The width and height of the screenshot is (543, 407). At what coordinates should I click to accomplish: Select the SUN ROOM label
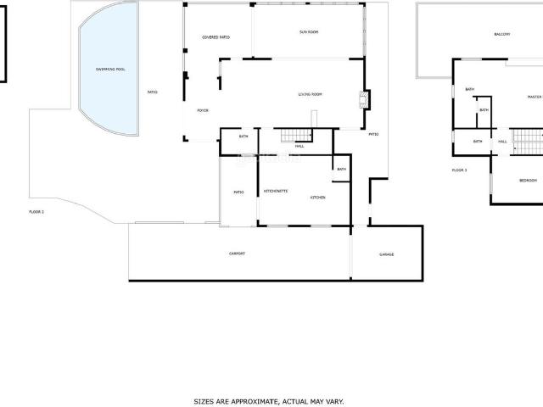309,32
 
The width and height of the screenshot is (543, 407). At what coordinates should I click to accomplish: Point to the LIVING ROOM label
310,94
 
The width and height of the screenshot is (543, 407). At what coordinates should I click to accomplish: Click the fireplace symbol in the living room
365,99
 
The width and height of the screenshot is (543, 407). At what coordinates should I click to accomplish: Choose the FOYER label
203,110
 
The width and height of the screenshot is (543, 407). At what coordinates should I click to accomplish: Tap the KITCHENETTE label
276,191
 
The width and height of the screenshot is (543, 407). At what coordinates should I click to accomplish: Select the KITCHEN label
318,198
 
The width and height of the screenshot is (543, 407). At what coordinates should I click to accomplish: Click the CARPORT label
237,254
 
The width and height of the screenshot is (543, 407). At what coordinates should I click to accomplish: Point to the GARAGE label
386,254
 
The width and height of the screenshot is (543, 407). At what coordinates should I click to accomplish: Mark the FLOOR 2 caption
36,211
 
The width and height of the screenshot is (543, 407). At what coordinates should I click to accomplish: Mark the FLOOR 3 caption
459,170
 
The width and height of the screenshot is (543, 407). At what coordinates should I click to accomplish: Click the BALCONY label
502,35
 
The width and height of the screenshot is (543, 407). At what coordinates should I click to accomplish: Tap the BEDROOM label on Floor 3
528,181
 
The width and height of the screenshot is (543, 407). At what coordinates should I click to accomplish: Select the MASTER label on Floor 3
534,98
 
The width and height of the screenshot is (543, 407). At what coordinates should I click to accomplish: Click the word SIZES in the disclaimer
204,401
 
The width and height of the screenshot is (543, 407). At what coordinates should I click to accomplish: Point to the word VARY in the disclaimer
334,401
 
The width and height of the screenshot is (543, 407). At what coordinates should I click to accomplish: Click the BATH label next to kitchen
341,169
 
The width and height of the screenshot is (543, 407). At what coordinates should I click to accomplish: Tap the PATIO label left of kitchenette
239,192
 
